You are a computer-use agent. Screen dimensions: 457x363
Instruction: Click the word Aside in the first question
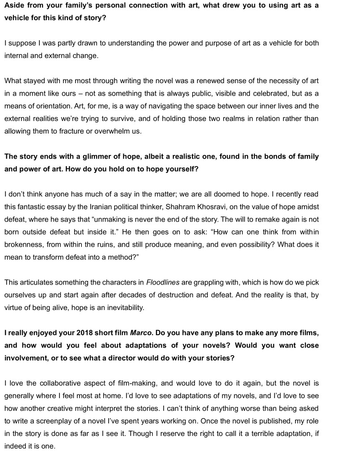[x=14, y=8]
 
